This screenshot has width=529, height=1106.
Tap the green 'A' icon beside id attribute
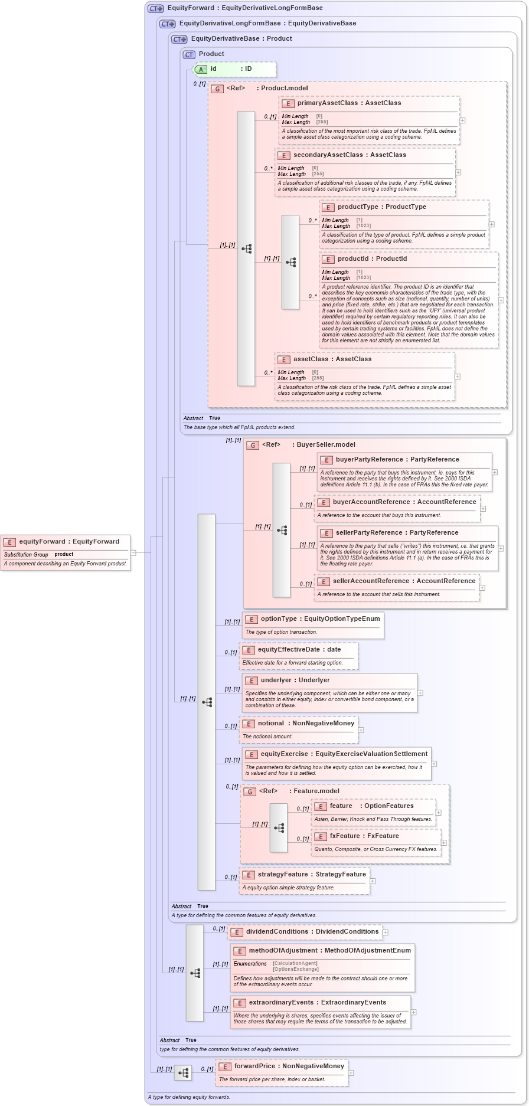(x=201, y=69)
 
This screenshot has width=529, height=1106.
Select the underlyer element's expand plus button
(x=420, y=693)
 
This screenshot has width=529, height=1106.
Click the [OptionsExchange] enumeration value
(x=295, y=969)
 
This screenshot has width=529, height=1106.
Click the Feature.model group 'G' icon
(x=250, y=792)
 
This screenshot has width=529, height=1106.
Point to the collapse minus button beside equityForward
(x=133, y=553)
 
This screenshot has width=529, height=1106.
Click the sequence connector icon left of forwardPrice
(x=183, y=1073)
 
